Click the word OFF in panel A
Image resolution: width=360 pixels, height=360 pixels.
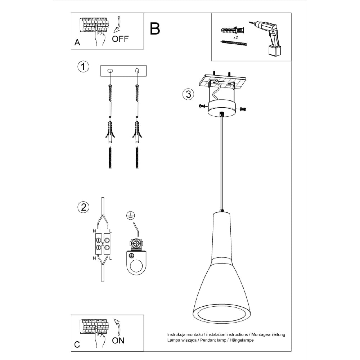(x=120, y=39)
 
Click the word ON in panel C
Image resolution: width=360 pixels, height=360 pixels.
(x=118, y=340)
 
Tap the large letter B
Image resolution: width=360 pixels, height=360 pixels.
(x=155, y=28)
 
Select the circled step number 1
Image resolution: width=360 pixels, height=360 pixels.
(x=83, y=67)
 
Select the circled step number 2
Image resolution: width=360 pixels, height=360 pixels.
(x=83, y=207)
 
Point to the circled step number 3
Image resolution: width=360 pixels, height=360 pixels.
(x=188, y=94)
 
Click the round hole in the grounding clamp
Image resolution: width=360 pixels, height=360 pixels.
(x=137, y=267)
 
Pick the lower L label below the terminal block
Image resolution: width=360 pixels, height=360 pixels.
(x=111, y=258)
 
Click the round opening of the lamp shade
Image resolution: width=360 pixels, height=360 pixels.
(x=221, y=314)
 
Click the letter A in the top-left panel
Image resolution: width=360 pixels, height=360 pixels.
(x=77, y=43)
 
